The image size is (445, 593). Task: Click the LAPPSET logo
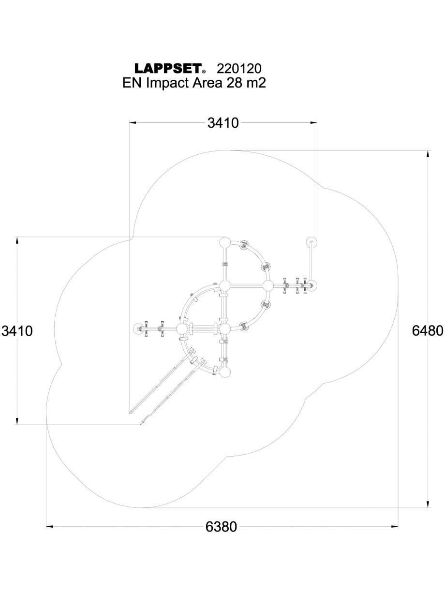(167, 68)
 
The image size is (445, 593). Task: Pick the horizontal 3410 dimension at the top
(223, 123)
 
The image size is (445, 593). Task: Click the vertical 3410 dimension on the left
(17, 331)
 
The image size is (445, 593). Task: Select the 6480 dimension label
(427, 331)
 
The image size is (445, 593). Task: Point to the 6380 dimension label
(222, 527)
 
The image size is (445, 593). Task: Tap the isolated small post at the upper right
(311, 242)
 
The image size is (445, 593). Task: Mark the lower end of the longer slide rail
(131, 412)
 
